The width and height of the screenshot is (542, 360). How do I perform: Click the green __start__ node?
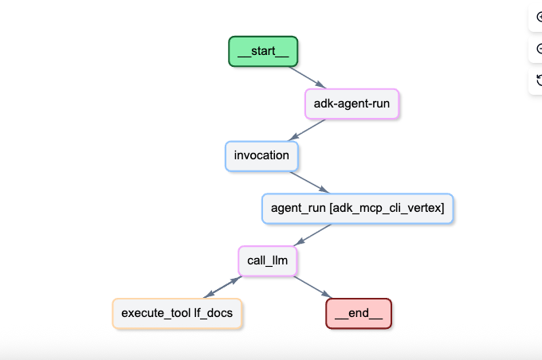(263, 51)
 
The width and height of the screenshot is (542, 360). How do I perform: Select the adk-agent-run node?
(352, 104)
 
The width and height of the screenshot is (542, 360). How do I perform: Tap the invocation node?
(261, 155)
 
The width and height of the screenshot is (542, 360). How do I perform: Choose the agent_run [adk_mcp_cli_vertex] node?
(357, 209)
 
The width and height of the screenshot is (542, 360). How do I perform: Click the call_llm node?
(267, 260)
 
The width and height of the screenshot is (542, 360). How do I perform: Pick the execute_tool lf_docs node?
(177, 313)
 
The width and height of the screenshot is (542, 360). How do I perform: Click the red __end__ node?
(359, 313)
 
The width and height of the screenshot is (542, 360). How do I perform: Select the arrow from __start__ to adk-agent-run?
(307, 77)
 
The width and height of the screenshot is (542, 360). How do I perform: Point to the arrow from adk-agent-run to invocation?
(307, 130)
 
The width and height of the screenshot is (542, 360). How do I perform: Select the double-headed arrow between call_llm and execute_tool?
(222, 287)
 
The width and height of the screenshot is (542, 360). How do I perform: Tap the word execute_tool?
(156, 313)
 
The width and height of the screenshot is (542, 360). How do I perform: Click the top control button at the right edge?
(538, 17)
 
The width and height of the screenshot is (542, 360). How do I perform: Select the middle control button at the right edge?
(538, 49)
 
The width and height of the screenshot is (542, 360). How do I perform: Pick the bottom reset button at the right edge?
(538, 80)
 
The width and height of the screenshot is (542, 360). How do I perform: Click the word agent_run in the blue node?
(297, 209)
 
